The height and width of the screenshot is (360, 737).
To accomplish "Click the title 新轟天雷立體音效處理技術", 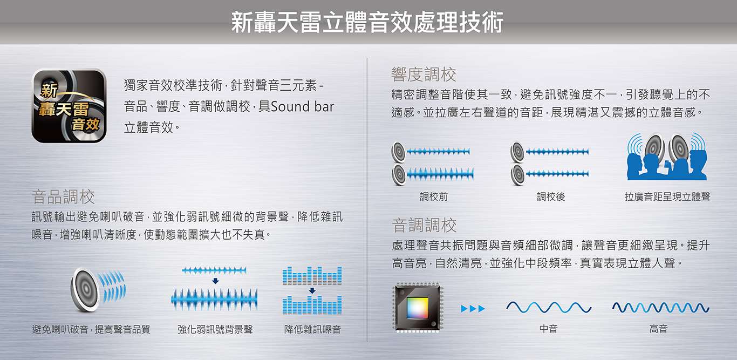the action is pyautogui.click(x=367, y=22).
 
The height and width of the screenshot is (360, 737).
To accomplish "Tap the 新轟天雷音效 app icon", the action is pyautogui.click(x=69, y=106).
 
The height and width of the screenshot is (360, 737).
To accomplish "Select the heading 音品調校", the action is pyautogui.click(x=63, y=197).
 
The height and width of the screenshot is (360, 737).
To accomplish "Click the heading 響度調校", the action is pyautogui.click(x=424, y=74).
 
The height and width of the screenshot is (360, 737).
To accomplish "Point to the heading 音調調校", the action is pyautogui.click(x=424, y=226).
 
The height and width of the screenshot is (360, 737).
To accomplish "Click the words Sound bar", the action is pyautogui.click(x=302, y=107).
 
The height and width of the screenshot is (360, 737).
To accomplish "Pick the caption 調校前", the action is pyautogui.click(x=434, y=197).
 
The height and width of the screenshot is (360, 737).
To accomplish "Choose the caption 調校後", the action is pyautogui.click(x=551, y=197).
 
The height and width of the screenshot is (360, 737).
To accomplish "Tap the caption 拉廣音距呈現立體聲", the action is pyautogui.click(x=667, y=197).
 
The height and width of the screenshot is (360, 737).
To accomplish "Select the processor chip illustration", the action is pyautogui.click(x=418, y=307).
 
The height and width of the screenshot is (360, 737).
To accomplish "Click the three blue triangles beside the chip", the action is pyautogui.click(x=473, y=309).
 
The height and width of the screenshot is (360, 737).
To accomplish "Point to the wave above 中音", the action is pyautogui.click(x=549, y=307).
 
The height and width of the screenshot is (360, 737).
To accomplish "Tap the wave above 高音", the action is pyautogui.click(x=661, y=308).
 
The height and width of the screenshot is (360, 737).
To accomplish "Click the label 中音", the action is pyautogui.click(x=549, y=328).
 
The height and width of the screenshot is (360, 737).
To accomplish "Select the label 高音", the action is pyautogui.click(x=658, y=328).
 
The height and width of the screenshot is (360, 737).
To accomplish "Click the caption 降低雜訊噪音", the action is pyautogui.click(x=312, y=329).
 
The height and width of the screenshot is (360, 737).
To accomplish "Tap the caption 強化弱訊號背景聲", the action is pyautogui.click(x=215, y=329).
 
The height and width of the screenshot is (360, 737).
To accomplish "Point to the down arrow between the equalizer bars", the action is pyautogui.click(x=312, y=290).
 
